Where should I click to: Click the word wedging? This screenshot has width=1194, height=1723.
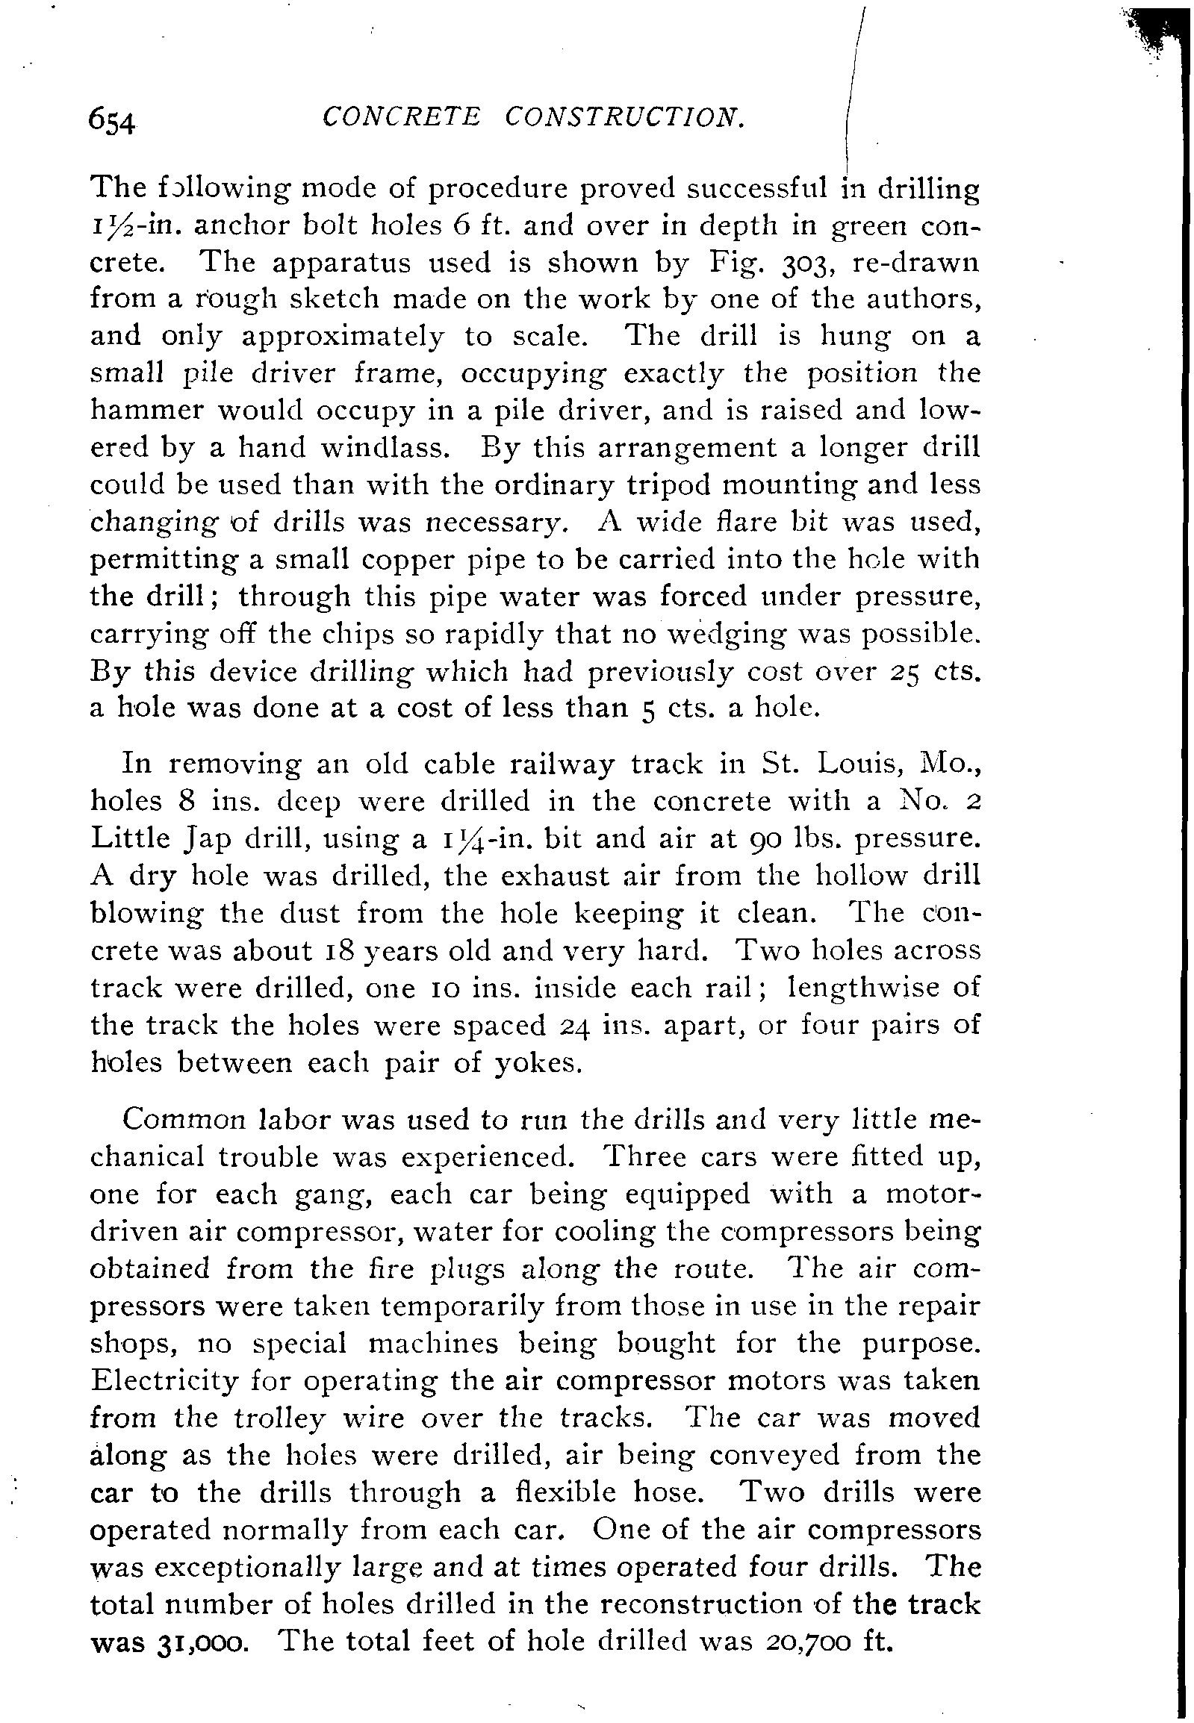[x=726, y=634]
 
